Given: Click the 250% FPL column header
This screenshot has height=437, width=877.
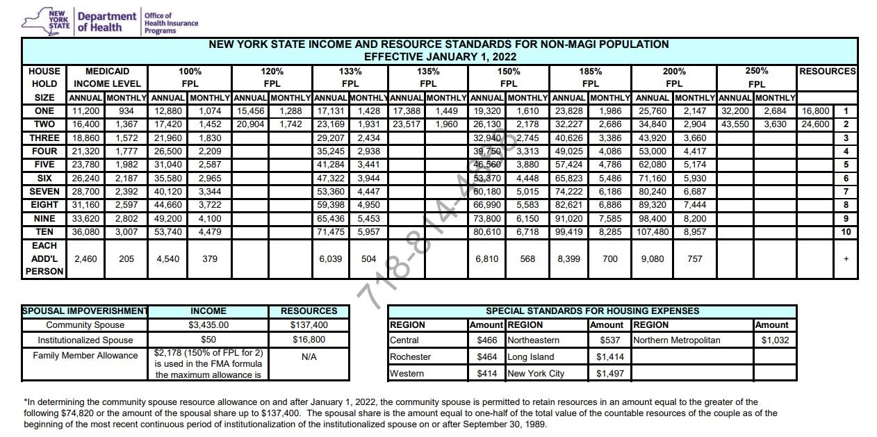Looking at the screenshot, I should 757,77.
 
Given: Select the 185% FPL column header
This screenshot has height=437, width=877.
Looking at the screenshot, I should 590,77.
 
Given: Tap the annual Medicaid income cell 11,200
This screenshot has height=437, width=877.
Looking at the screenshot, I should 85,111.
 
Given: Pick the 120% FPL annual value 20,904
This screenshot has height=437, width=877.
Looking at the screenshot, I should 251,124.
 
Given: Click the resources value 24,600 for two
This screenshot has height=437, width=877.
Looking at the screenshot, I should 815,124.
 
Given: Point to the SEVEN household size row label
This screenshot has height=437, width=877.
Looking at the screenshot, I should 44,191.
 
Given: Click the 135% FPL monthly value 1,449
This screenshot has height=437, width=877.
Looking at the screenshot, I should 446,111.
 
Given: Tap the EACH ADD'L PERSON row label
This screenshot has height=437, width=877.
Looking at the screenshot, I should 44,258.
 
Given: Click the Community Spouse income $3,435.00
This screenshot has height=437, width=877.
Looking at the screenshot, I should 208,325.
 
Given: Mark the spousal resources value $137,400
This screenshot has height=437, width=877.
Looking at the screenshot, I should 309,325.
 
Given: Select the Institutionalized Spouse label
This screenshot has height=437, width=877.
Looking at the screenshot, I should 85,340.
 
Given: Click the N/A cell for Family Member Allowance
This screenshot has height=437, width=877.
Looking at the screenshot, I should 309,357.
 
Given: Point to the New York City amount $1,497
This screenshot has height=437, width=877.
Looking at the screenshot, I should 609,373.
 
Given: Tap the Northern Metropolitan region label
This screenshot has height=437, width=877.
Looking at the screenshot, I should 676,340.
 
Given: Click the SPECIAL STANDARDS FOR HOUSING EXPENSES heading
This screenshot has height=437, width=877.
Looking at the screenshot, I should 592,311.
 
